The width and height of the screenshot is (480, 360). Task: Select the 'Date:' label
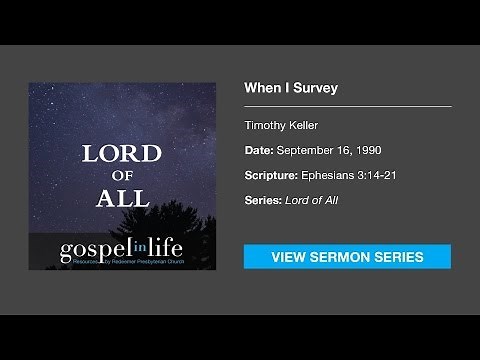(259, 150)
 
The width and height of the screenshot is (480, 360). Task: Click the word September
(308, 150)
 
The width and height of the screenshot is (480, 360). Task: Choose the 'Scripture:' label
(270, 176)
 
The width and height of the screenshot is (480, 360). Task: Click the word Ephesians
(329, 176)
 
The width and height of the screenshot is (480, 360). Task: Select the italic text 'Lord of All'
(312, 202)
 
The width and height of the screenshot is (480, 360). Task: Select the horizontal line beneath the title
(347, 106)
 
